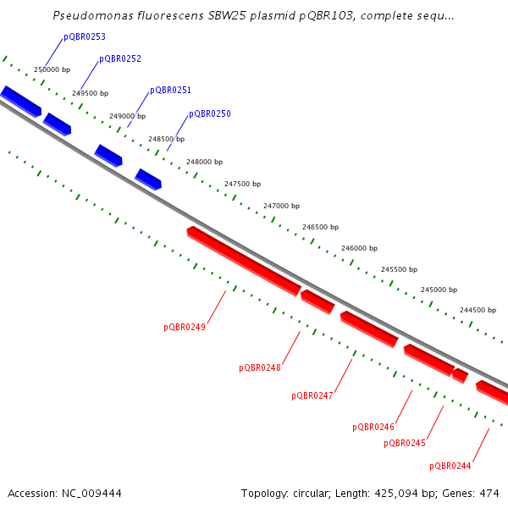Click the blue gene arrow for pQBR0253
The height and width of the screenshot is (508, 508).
coord(21,101)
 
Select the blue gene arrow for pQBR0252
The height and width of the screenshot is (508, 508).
coord(58,124)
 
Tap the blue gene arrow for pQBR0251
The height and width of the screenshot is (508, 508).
coord(108,155)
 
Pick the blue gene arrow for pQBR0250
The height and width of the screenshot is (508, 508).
coord(148,179)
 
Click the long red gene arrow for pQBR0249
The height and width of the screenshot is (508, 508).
coord(244,260)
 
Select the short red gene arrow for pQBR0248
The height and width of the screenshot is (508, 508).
coord(317,301)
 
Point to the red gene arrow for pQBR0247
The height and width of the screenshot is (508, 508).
coord(369,329)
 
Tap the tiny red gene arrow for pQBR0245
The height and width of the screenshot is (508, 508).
coord(461,375)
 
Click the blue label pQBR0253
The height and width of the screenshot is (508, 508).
coord(85,37)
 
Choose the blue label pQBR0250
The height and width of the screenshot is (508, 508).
coord(210,113)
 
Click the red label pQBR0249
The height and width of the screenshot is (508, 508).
coord(185,326)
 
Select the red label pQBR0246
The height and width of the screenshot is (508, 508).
coord(373,427)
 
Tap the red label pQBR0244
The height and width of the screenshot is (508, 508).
coord(450,466)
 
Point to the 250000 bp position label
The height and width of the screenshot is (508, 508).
coord(52,69)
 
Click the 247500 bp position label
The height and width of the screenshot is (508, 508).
coord(242,183)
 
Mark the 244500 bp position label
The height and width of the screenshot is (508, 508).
coord(478,310)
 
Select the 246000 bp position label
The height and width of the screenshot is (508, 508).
coord(359,248)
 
